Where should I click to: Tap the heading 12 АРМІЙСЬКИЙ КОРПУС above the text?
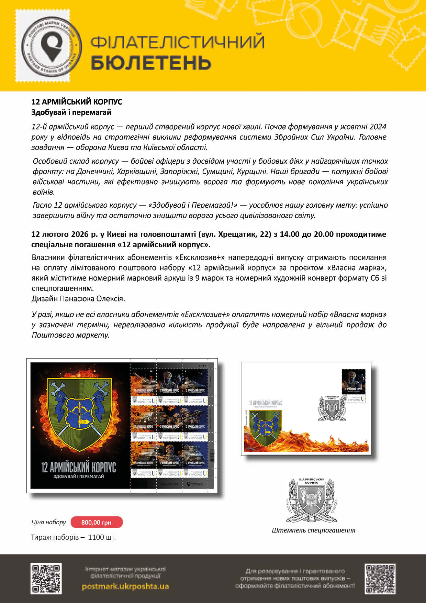pos(77,102)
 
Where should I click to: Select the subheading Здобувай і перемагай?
pos(71,112)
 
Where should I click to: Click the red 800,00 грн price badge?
pos(97,522)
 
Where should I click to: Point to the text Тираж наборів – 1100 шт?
pos(74,537)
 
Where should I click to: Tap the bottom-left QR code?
pos(46,578)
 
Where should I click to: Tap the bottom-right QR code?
pos(380,579)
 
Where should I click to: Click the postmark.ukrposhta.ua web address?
pos(125,586)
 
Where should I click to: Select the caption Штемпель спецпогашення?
pos(313,530)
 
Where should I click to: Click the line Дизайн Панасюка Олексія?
pos(78,298)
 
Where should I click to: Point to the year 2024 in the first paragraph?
pos(378,127)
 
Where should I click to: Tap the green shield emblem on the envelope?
pos(266,427)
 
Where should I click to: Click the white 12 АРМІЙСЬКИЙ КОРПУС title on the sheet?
pos(78,467)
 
